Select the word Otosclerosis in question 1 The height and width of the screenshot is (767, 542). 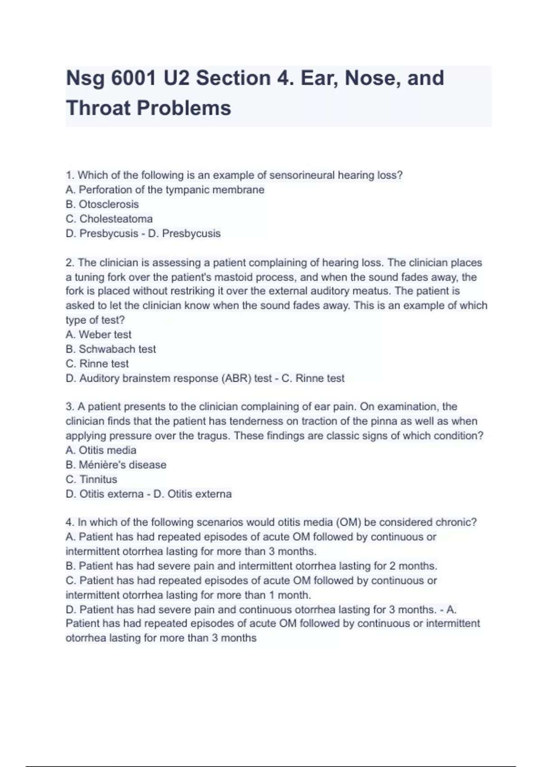tap(108, 204)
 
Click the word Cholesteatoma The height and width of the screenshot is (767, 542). tap(116, 219)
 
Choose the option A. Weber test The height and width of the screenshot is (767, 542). tap(98, 335)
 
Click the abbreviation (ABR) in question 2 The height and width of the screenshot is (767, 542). tap(236, 378)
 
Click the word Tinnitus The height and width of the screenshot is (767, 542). tap(98, 479)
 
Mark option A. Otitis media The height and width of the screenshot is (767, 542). tap(101, 450)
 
